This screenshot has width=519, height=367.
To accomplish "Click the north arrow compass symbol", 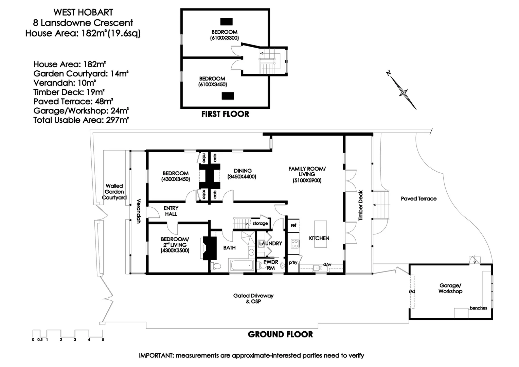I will pyautogui.click(x=403, y=92).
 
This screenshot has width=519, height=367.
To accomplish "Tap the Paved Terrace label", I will pyautogui.click(x=418, y=199).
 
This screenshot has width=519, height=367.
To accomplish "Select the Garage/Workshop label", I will pyautogui.click(x=450, y=289).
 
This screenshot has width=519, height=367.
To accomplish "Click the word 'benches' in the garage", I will pyautogui.click(x=478, y=308).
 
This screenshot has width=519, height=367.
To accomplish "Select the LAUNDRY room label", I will pyautogui.click(x=270, y=243).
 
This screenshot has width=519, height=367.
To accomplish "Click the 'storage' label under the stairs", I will pyautogui.click(x=260, y=223).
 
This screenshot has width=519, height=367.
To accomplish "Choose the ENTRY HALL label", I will pyautogui.click(x=171, y=211).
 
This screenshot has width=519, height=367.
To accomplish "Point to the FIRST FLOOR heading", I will pyautogui.click(x=225, y=114).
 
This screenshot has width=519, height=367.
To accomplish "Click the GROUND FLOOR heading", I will pyautogui.click(x=280, y=334).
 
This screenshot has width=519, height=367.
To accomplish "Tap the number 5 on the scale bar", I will pyautogui.click(x=103, y=339).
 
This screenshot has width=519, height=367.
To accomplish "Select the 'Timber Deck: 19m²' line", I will pyautogui.click(x=69, y=92).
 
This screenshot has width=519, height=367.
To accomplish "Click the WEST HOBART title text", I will pyautogui.click(x=83, y=12).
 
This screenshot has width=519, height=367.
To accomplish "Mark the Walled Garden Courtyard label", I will pyautogui.click(x=114, y=192).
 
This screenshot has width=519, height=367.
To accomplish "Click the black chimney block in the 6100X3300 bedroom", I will pyautogui.click(x=227, y=22).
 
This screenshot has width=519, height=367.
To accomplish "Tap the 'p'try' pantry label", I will pyautogui.click(x=293, y=263).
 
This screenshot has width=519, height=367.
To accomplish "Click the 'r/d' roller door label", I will pyautogui.click(x=412, y=291).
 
